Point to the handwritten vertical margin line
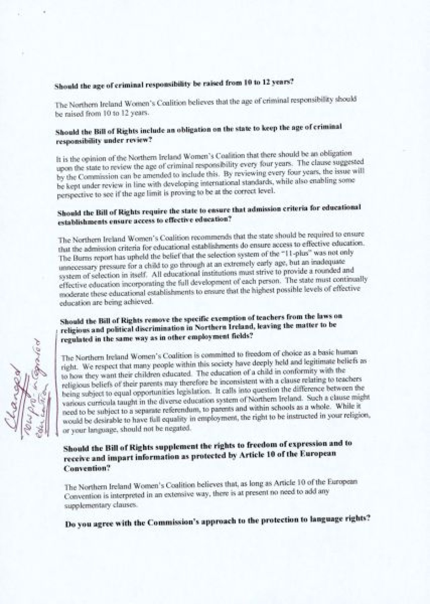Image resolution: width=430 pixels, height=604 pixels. coord(56,380)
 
